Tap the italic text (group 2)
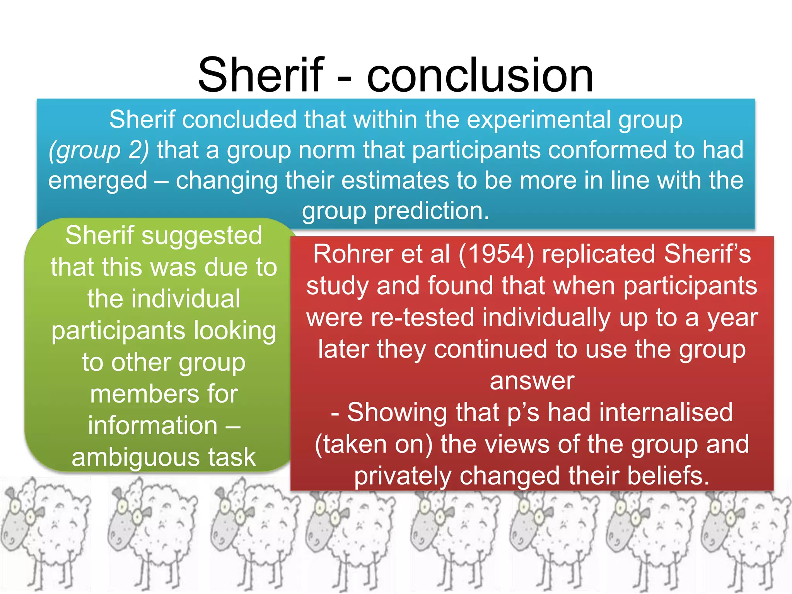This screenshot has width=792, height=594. pyautogui.click(x=99, y=150)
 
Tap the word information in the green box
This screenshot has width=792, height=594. pyautogui.click(x=153, y=426)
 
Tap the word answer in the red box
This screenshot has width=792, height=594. pyautogui.click(x=532, y=381)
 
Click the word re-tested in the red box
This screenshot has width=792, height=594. pyautogui.click(x=422, y=318)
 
